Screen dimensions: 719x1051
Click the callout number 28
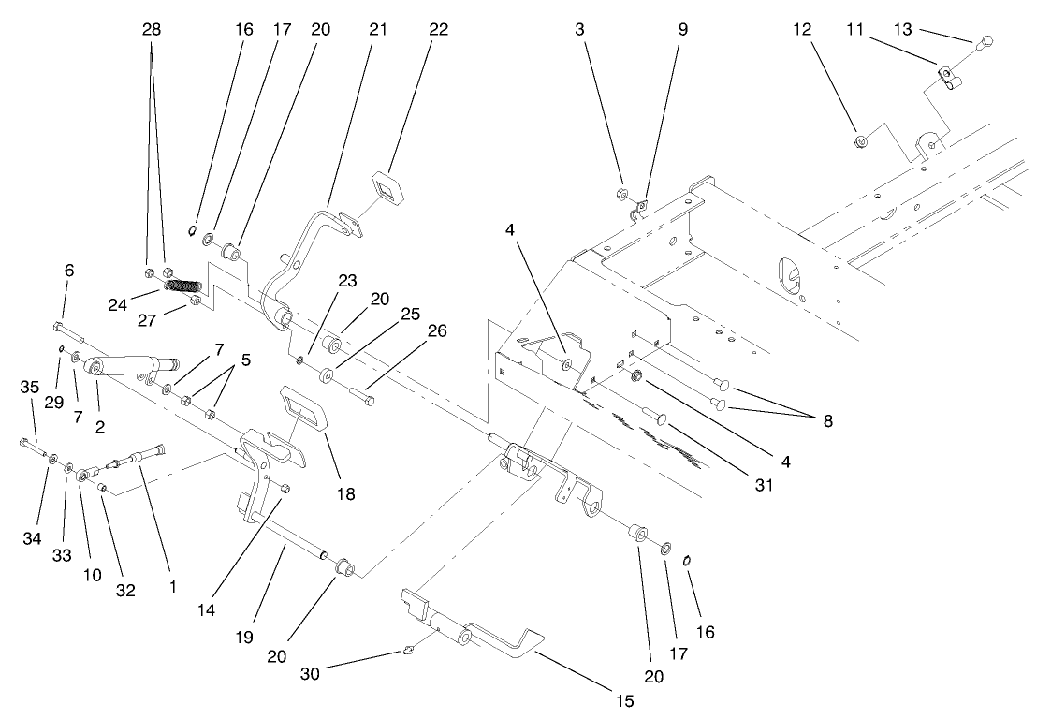click(x=151, y=30)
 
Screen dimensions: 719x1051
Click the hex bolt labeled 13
click(x=987, y=42)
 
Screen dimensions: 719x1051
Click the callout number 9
click(x=682, y=30)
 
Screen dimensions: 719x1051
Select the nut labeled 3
click(x=622, y=195)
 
